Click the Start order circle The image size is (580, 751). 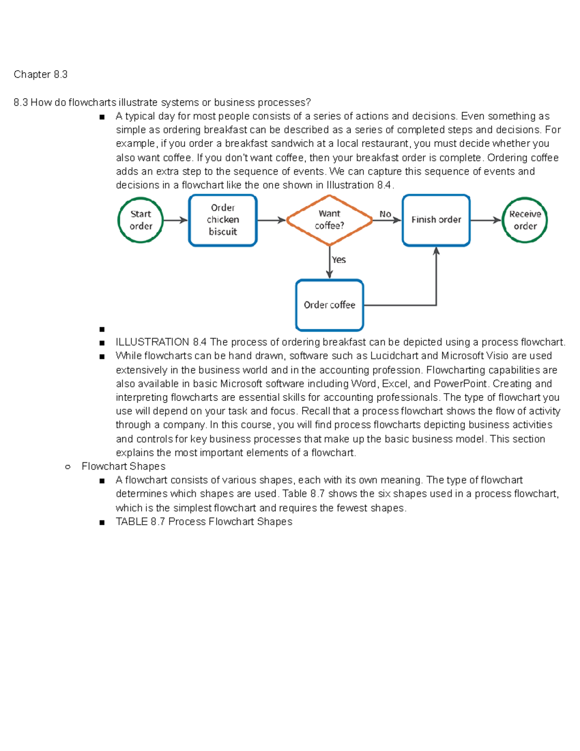[x=140, y=220]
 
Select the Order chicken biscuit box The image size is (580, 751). [x=223, y=220]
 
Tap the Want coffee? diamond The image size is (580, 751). [x=330, y=220]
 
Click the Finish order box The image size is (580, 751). [x=436, y=220]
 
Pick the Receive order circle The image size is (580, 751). [x=525, y=220]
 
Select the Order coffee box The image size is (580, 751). [x=330, y=305]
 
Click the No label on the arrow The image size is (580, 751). [x=385, y=214]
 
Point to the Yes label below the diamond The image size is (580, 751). [x=339, y=260]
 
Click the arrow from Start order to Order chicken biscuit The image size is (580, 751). [x=175, y=220]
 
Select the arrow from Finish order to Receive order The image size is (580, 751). [x=485, y=220]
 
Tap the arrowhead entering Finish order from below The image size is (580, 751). [x=436, y=251]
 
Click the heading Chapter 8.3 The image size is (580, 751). [x=41, y=74]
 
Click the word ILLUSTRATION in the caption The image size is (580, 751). [x=152, y=342]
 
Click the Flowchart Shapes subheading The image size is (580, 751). [x=123, y=467]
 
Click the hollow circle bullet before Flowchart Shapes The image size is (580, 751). [x=68, y=467]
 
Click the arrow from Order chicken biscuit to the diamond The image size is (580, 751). [x=271, y=220]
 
